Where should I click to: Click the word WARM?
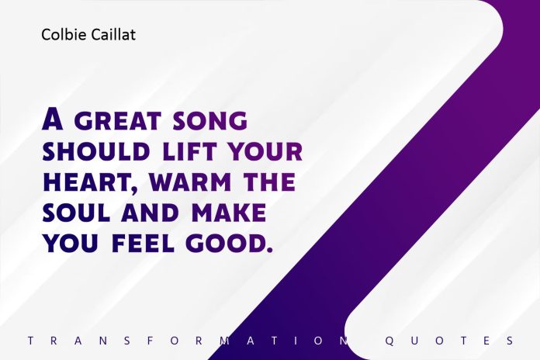pos(188,182)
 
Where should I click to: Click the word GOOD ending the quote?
pos(230,244)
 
